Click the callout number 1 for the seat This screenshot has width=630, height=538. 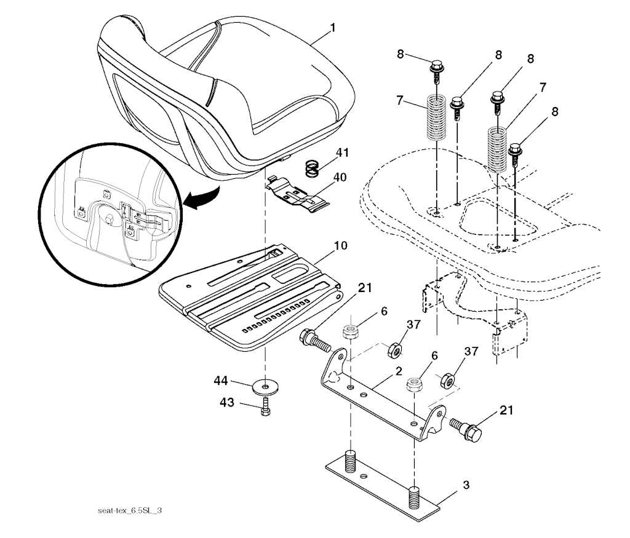[x=332, y=28]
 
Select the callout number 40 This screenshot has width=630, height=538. [x=340, y=177]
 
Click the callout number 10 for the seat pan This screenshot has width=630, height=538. [x=340, y=245]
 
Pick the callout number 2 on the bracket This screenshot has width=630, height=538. [x=398, y=371]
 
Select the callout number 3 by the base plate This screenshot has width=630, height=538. [x=466, y=485]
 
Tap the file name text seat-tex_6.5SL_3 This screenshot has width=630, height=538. [x=129, y=511]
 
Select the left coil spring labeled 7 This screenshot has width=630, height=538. [x=436, y=117]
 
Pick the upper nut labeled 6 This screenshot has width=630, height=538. [x=349, y=332]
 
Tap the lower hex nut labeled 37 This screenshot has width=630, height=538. [x=448, y=380]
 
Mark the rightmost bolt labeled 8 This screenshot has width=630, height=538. [x=516, y=156]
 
